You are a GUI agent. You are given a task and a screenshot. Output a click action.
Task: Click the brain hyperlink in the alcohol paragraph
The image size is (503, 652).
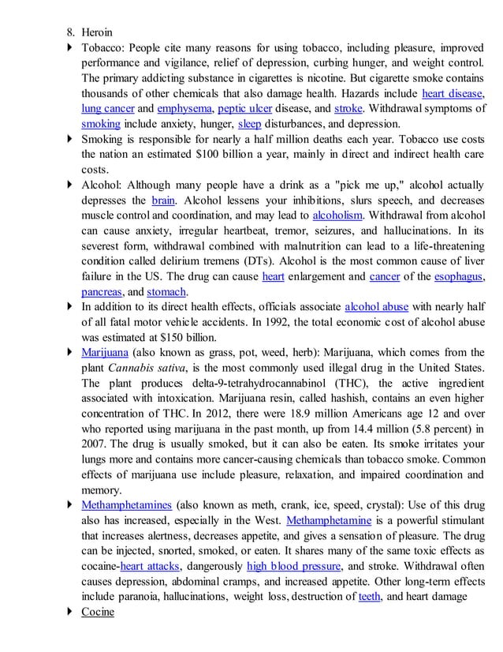coord(163,200)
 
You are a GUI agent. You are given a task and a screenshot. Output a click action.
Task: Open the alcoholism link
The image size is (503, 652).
coord(338,215)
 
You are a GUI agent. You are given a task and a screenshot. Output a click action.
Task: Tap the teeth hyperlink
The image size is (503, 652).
coord(371,596)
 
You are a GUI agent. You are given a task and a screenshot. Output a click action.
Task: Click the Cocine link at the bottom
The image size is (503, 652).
coord(98,612)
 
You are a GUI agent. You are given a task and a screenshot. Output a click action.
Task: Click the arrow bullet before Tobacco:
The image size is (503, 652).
coord(72,49)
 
